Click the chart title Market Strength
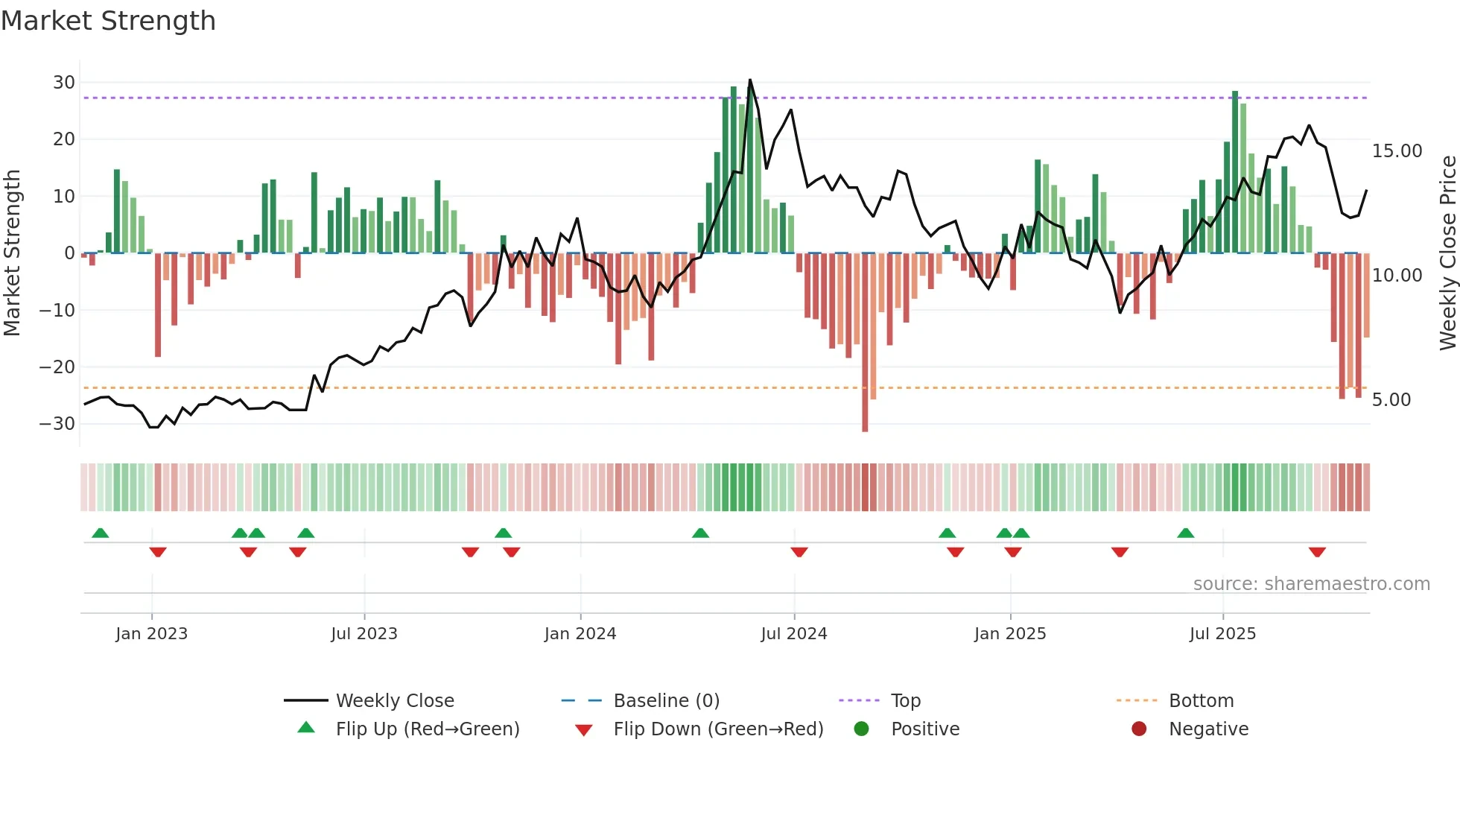108,21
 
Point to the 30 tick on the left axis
64,82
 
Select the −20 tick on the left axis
58,367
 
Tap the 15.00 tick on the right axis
1397,151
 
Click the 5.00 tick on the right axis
1391,400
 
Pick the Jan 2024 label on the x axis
580,634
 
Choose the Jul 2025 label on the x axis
1222,634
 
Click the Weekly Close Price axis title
1447,253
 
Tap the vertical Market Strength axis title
12,253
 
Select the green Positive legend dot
861,729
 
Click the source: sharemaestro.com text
1311,584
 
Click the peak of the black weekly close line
750,80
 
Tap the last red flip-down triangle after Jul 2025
1317,552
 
